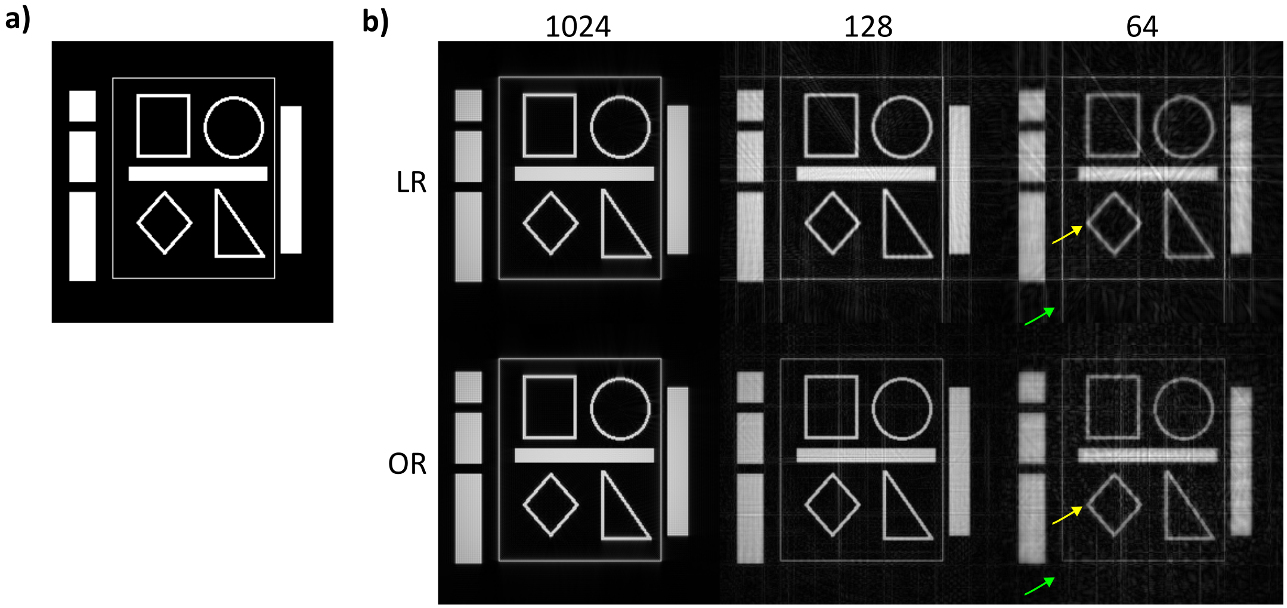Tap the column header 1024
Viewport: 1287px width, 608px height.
[577, 27]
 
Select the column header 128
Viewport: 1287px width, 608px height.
[868, 27]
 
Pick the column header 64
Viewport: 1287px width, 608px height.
[1141, 27]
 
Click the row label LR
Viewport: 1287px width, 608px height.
[411, 182]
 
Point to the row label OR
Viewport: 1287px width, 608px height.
[407, 464]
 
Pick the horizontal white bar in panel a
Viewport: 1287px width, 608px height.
[197, 173]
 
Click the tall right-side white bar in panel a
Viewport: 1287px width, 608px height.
[290, 179]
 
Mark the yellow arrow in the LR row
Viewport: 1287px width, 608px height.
[1067, 235]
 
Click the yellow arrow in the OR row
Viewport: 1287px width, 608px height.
[1067, 516]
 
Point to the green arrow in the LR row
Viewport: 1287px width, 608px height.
[1039, 317]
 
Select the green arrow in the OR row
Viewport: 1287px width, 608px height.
[1039, 586]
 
